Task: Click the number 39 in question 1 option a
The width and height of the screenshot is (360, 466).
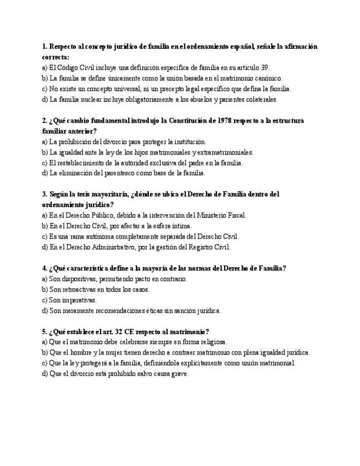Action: [x=264, y=68]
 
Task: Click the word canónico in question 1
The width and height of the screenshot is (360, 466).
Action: [x=266, y=78]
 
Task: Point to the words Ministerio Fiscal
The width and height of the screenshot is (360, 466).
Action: [x=224, y=215]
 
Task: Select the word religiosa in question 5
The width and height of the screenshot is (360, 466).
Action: [x=212, y=342]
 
